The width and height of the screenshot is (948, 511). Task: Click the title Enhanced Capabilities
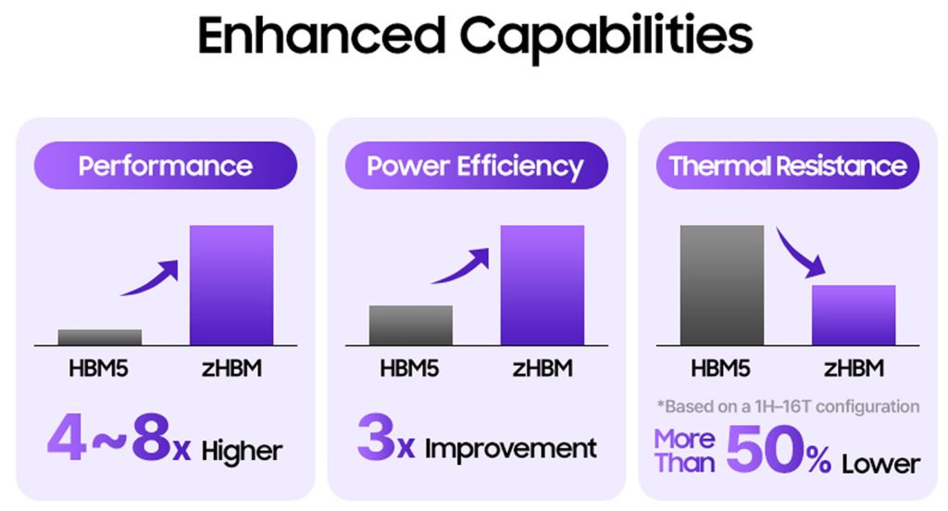[x=475, y=36]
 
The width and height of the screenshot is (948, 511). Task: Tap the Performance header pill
[x=166, y=166]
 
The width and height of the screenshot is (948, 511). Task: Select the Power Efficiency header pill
[x=477, y=166]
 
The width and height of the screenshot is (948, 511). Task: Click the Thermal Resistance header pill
[x=788, y=166]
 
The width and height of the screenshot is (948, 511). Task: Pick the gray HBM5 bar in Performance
[x=100, y=338]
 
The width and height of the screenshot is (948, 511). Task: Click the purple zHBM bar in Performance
[x=231, y=285]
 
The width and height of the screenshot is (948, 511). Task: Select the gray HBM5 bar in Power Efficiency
[x=411, y=325]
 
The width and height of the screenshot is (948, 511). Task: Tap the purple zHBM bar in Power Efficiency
[x=543, y=285]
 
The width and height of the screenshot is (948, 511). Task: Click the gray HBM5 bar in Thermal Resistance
[x=722, y=285]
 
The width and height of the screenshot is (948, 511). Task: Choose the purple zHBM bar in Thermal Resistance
[x=854, y=315]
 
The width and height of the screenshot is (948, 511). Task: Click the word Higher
[x=242, y=451]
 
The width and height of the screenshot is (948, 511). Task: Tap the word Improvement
[x=511, y=449]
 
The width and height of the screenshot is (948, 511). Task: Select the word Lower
[x=881, y=465]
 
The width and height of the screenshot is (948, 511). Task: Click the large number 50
[x=766, y=449]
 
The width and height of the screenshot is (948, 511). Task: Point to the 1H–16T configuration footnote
[x=789, y=406]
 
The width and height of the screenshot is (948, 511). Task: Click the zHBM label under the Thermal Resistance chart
[x=854, y=368]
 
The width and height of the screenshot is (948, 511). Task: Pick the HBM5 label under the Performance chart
[x=98, y=368]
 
